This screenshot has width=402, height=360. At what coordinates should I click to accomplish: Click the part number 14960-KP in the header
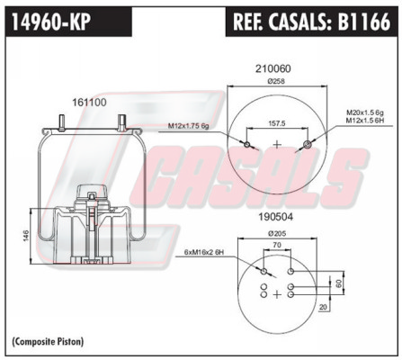(x=51, y=22)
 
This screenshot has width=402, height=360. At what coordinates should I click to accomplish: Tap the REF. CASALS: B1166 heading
(x=311, y=22)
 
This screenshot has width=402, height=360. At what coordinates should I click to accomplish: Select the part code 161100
(x=89, y=103)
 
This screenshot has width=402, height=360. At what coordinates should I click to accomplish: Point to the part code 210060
(x=273, y=68)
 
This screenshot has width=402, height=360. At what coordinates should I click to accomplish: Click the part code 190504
(x=275, y=217)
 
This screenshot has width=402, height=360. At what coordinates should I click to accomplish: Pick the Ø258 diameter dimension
(x=276, y=81)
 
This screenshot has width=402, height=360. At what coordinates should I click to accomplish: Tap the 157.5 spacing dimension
(x=277, y=123)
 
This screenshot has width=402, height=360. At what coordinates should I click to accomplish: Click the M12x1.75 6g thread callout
(x=188, y=126)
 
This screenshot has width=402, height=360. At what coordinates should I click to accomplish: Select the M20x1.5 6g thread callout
(x=365, y=112)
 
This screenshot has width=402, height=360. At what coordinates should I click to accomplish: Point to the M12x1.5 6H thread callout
(x=365, y=120)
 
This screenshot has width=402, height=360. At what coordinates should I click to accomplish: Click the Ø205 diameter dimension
(x=277, y=233)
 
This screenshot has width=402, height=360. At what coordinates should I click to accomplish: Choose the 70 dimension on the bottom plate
(x=277, y=245)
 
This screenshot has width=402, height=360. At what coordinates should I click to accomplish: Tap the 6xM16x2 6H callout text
(x=203, y=252)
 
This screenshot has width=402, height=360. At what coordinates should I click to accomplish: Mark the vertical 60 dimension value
(x=338, y=283)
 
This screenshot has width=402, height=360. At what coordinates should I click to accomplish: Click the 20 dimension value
(x=323, y=307)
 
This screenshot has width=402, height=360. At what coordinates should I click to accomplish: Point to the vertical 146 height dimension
(x=25, y=235)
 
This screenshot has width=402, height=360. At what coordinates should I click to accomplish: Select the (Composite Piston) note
(x=48, y=341)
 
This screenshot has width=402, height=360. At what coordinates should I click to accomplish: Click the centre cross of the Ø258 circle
(x=278, y=145)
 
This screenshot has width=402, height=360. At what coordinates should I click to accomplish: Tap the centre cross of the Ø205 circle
(x=277, y=294)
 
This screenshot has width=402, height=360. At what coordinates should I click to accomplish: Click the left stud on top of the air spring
(x=61, y=123)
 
